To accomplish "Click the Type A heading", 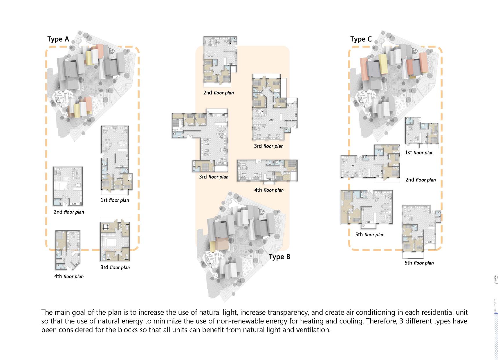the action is (58, 39).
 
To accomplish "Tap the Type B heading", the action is (279, 257).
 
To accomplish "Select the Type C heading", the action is (361, 39).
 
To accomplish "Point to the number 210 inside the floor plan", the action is (271, 120).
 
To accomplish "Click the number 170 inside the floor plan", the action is (352, 166).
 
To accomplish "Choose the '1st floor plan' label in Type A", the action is (115, 200).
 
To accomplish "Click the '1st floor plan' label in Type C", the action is (419, 152).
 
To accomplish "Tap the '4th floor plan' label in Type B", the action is (269, 190).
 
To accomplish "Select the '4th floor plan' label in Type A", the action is (69, 276).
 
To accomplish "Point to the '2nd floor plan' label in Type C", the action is (420, 180).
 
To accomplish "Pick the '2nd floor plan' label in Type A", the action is (69, 212).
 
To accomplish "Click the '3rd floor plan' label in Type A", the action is (115, 267).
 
